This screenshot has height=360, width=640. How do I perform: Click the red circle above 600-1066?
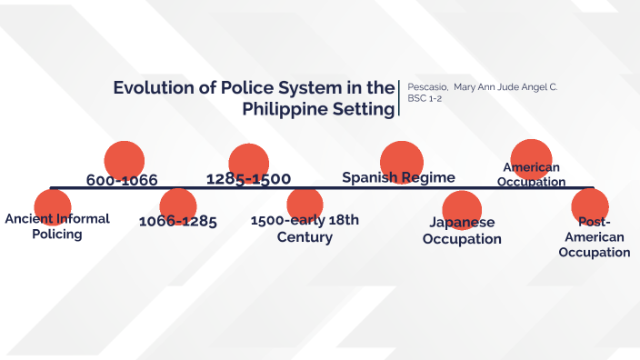125,159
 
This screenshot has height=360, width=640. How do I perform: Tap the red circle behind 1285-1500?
249,162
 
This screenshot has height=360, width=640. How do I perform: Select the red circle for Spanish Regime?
401,161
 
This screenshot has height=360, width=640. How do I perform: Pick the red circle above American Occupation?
532,156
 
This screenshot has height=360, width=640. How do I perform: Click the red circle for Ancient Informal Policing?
52,206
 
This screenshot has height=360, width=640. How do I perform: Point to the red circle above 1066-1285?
177,205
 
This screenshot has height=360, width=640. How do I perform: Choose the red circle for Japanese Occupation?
462,208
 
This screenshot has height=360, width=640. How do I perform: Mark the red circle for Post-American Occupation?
590,206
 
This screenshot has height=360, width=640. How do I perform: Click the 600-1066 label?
122,180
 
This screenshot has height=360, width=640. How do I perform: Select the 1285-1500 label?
248,178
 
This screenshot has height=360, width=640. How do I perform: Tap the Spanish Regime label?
398,176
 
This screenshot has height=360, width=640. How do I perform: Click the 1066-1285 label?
177,221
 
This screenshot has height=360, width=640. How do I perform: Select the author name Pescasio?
425,86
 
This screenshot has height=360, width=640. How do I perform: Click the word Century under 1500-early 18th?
305,237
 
